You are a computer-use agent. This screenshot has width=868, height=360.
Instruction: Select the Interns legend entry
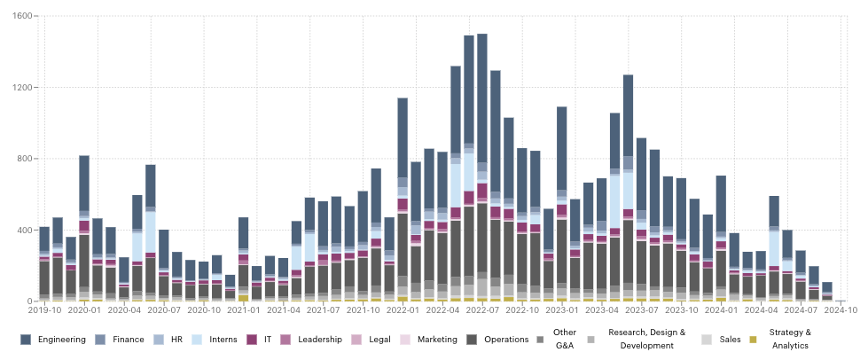click(217, 339)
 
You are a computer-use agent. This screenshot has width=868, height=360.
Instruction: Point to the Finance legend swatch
click(100, 339)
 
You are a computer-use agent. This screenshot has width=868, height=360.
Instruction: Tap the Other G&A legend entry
click(565, 339)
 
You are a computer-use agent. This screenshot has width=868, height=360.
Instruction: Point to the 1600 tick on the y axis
click(22, 16)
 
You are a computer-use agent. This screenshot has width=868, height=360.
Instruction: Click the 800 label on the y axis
click(25, 159)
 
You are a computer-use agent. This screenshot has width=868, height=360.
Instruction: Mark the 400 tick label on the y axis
click(25, 231)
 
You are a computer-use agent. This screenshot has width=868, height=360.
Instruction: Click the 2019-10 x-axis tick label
click(44, 309)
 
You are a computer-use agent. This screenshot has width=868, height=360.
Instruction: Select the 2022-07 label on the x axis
click(481, 309)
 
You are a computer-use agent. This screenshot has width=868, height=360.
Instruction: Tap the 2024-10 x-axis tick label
click(841, 309)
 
